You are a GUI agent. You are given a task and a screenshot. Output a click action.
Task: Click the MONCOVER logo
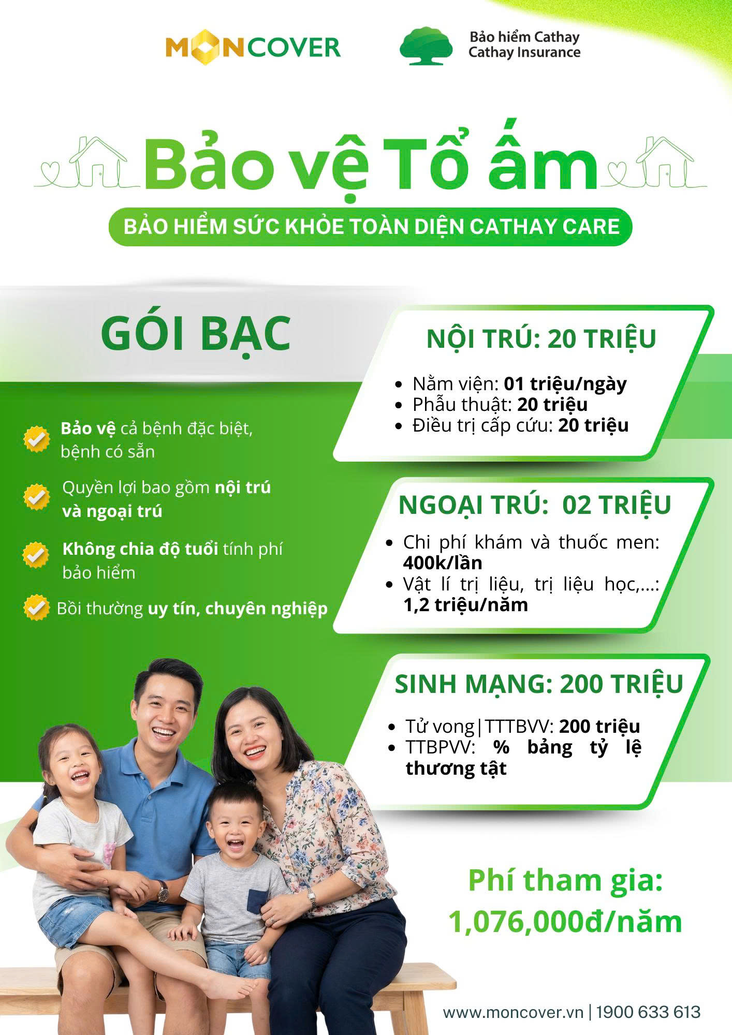pos(253,48)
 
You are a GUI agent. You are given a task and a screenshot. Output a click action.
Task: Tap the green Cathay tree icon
pos(426,46)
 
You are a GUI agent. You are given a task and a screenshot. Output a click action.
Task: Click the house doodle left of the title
pos(98,161)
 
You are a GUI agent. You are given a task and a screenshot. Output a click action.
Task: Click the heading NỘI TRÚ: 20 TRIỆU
pos(541,339)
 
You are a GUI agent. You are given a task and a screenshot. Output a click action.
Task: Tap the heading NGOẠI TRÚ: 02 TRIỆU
pos(534,505)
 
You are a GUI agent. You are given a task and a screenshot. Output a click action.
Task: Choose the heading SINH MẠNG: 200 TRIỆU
pos(538,684)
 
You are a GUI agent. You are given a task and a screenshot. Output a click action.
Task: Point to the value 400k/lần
pos(443,563)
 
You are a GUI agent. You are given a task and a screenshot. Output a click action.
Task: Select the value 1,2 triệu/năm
pos(465,604)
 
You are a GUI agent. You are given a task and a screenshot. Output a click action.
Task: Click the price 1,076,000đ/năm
pos(565,922)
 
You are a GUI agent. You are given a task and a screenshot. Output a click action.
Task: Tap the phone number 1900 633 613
pos(648,1012)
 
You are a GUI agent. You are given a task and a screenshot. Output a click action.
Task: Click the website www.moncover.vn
pos(513,1012)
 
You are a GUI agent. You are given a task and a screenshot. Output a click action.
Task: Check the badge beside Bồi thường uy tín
pos(36,608)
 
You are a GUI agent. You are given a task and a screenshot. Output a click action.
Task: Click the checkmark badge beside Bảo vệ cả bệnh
pos(36,439)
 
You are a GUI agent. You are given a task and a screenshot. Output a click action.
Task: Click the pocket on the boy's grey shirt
pos(256,901)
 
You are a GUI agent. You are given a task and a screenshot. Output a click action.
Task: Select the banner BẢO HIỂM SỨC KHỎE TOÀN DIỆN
pos(371,227)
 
